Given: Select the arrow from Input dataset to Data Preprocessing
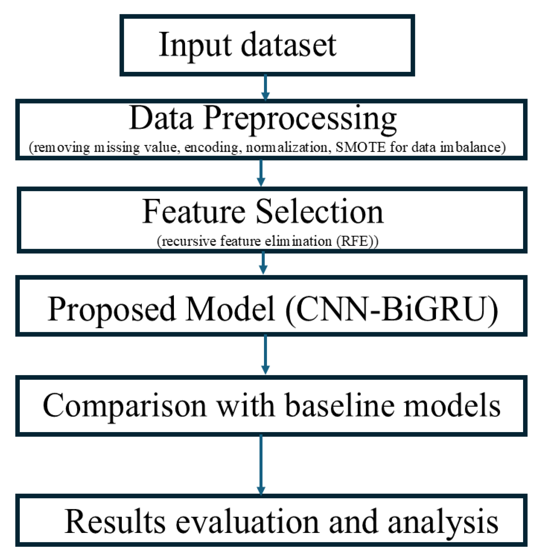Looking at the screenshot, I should [x=265, y=87].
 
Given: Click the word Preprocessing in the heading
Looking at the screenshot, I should [x=300, y=119].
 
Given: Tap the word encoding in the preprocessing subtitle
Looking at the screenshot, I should [x=211, y=147].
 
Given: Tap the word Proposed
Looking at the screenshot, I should [x=111, y=309].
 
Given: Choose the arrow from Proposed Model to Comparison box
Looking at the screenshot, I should [x=265, y=355].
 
